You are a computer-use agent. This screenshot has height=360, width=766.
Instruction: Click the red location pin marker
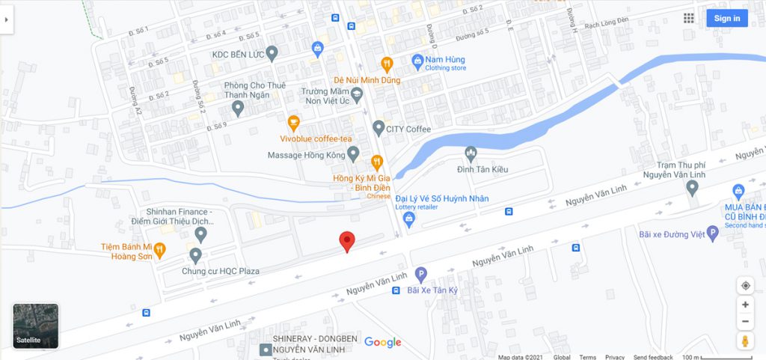[347, 241]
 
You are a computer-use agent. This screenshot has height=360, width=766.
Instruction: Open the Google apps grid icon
[689, 19]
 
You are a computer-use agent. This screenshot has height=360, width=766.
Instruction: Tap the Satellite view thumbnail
[35, 326]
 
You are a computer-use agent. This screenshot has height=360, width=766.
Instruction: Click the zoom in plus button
[745, 305]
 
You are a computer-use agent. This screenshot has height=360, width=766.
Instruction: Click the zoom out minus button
[745, 323]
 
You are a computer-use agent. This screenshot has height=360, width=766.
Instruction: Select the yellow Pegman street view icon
[745, 342]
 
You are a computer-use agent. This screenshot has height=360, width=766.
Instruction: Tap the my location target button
[745, 285]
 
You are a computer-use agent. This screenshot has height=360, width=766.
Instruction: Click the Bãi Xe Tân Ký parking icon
[421, 275]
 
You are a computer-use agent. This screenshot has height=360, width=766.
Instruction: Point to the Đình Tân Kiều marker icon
[471, 154]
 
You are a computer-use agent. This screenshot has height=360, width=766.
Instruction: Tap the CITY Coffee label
[408, 129]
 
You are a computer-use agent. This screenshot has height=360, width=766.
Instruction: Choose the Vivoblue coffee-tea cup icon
[294, 123]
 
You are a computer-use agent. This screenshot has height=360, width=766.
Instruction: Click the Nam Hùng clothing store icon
[418, 59]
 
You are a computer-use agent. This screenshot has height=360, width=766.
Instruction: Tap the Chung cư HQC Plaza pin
[196, 256]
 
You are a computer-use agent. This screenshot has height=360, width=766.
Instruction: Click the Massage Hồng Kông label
[306, 156]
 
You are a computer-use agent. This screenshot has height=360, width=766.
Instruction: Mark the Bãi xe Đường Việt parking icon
[712, 234]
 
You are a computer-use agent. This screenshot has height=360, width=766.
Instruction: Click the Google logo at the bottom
[383, 343]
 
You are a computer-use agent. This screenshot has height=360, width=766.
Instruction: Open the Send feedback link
[653, 357]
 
